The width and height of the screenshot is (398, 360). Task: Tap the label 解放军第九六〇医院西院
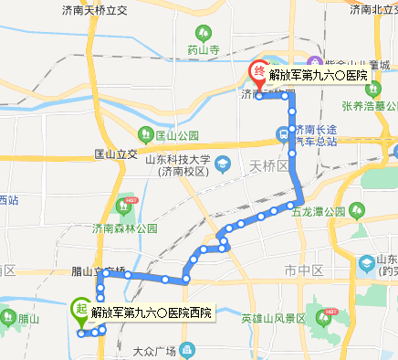point(152,312)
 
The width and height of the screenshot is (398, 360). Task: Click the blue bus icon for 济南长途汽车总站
point(284,134)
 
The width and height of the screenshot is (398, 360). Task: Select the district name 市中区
point(304,271)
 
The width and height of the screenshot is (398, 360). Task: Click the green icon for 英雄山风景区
point(324,318)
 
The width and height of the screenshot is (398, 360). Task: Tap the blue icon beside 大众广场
point(187,350)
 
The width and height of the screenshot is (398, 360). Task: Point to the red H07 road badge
point(131,199)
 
